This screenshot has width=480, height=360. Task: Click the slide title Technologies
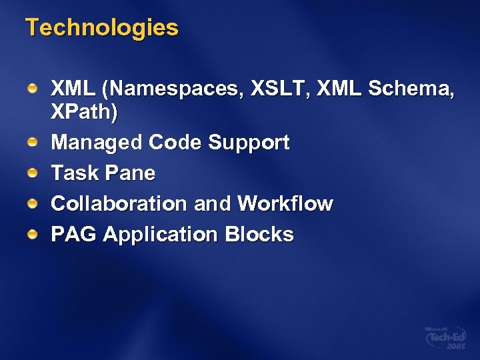[x=101, y=28]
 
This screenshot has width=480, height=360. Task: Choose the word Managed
[x=97, y=143]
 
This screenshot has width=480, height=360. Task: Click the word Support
[x=249, y=143]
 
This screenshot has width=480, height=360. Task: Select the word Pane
[x=129, y=173]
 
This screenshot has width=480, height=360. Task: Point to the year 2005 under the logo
[x=455, y=348]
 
